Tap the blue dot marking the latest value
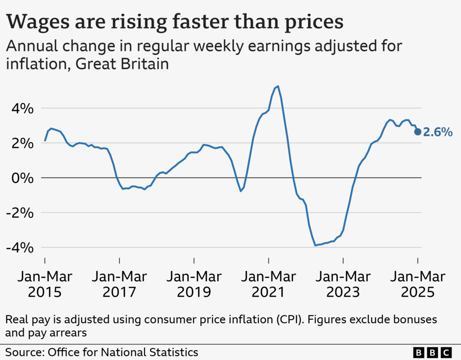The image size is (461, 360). pyautogui.click(x=418, y=132)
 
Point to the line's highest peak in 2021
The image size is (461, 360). pyautogui.click(x=278, y=86)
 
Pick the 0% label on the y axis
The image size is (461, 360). pyautogui.click(x=21, y=178)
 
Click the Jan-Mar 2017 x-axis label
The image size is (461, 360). pyautogui.click(x=119, y=284)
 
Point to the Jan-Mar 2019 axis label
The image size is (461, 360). pyautogui.click(x=194, y=284)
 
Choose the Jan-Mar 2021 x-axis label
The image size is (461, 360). pyautogui.click(x=268, y=284)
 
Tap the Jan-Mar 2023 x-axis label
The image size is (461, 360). pyautogui.click(x=343, y=284)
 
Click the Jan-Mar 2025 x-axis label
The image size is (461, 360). pyautogui.click(x=417, y=284)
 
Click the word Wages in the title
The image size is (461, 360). pyautogui.click(x=39, y=22)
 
